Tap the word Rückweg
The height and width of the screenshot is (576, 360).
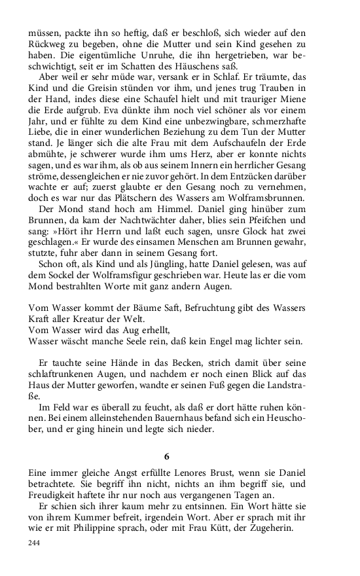pos(48,44)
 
